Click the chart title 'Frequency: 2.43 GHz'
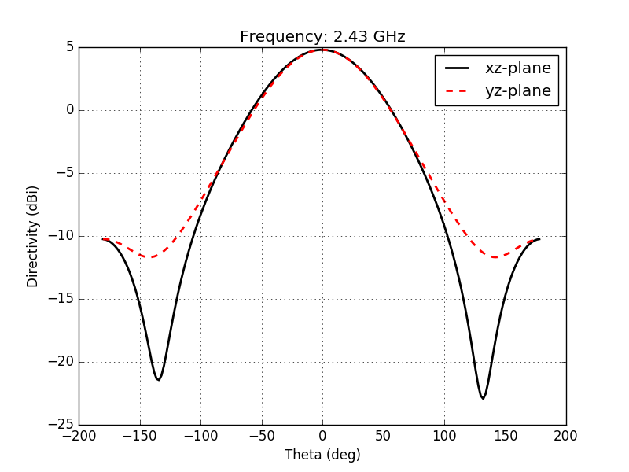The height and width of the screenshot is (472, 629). [322, 37]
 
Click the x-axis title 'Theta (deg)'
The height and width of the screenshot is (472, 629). [322, 455]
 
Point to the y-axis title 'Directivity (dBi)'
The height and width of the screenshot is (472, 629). [33, 236]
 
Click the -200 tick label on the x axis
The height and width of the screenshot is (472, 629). [79, 435]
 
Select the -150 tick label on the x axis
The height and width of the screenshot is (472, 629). [140, 435]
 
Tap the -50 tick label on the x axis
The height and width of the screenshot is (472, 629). [262, 435]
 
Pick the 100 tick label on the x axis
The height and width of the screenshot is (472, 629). [444, 435]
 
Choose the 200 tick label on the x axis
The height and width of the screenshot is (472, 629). [566, 435]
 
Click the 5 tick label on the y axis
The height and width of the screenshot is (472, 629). [70, 47]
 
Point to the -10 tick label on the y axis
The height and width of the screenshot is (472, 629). [64, 236]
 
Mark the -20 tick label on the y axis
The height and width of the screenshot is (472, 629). [64, 362]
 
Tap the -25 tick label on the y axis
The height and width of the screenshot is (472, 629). [64, 425]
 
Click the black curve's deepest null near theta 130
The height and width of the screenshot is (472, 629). [483, 398]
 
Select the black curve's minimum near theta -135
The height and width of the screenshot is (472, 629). [158, 380]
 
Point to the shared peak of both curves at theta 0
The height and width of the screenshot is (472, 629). [322, 50]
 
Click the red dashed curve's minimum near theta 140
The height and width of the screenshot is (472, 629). [495, 256]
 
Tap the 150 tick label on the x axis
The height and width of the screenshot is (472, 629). [506, 435]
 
